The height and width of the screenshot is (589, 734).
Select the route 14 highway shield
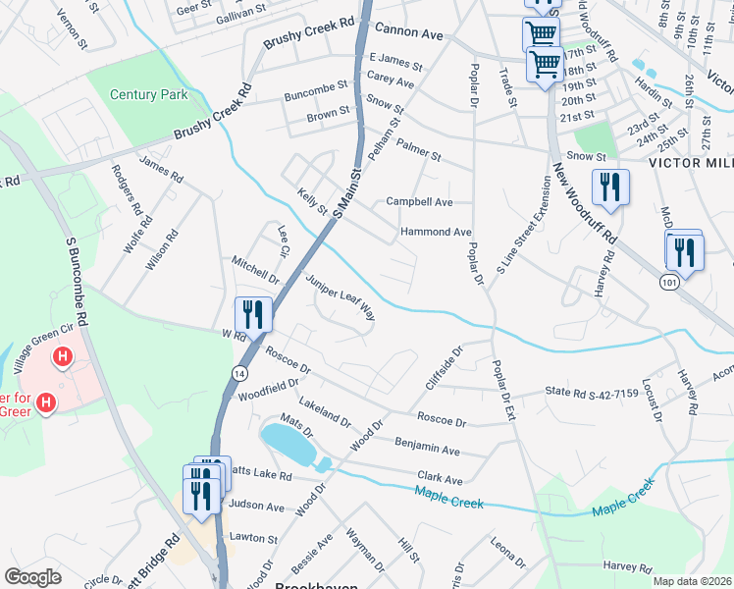click(238, 372)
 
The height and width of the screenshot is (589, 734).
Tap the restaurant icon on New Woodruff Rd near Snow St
click(609, 187)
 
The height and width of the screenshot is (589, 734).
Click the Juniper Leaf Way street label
click(341, 297)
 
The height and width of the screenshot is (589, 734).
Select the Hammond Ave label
click(436, 233)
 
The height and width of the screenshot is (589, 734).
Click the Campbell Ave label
click(419, 201)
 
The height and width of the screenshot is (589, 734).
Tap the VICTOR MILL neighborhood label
click(693, 162)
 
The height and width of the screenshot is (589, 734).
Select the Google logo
click(33, 577)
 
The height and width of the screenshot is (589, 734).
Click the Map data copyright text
click(692, 581)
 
